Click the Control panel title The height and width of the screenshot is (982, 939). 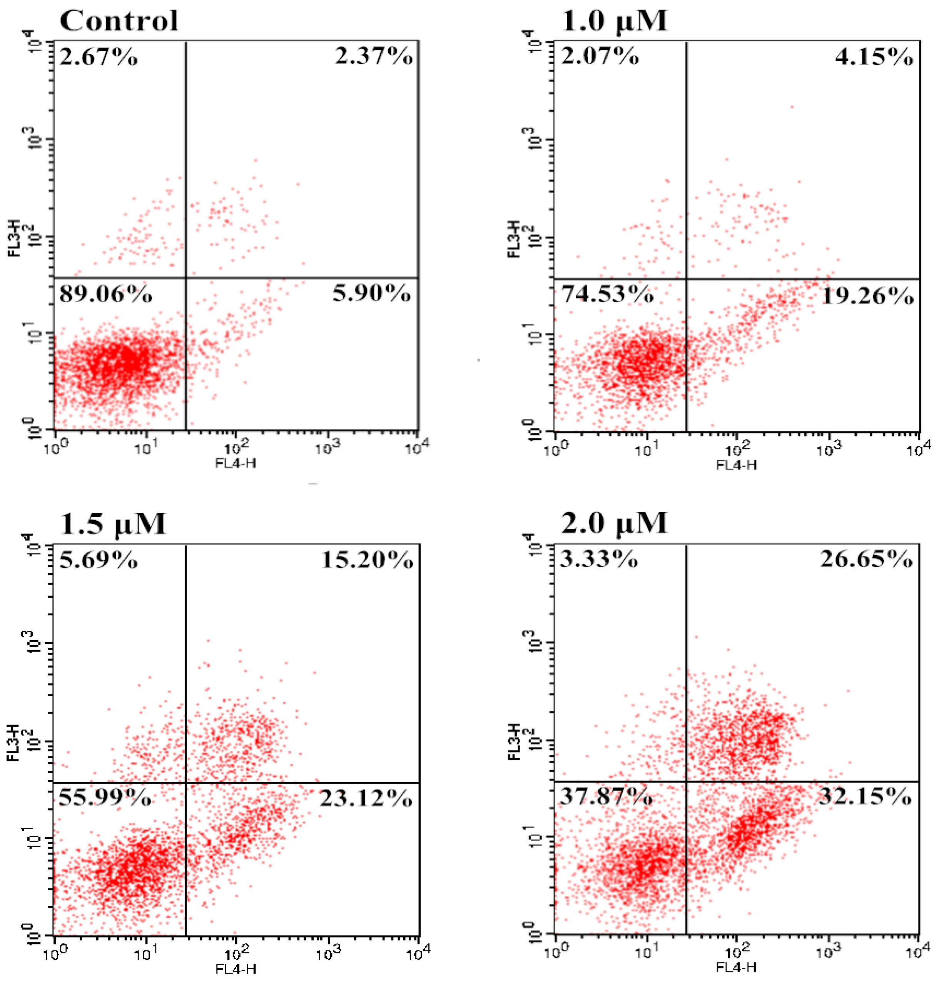(119, 21)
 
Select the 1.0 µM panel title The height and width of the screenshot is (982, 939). (614, 21)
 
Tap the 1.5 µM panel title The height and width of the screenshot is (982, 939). (113, 523)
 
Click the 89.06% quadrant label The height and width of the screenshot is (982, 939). (105, 295)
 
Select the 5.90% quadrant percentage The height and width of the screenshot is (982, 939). (371, 293)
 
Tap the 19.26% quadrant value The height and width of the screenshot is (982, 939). (867, 297)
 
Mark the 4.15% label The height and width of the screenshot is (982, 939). (874, 57)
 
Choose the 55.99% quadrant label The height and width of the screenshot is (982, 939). (105, 798)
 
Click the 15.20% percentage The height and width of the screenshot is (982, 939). (367, 560)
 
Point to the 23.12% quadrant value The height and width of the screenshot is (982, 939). (366, 798)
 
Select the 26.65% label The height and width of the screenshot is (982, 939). (866, 559)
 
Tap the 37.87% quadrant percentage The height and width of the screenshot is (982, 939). (606, 796)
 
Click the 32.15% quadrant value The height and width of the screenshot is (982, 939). (865, 796)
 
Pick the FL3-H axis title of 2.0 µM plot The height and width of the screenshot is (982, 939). (515, 742)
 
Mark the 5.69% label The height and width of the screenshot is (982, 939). (98, 560)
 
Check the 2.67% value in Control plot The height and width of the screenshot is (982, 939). (98, 57)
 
